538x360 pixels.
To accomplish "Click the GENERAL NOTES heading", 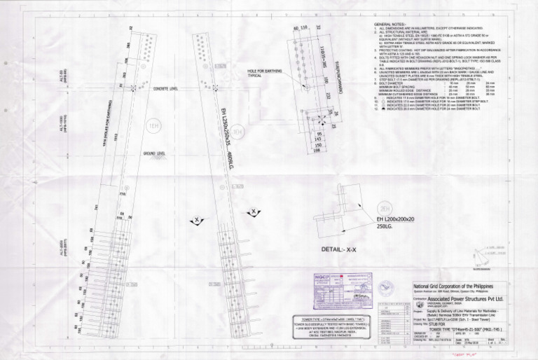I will [x=389, y=24].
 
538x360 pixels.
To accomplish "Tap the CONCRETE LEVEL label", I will [x=165, y=89].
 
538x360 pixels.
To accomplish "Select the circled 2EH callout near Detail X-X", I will [x=385, y=209].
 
